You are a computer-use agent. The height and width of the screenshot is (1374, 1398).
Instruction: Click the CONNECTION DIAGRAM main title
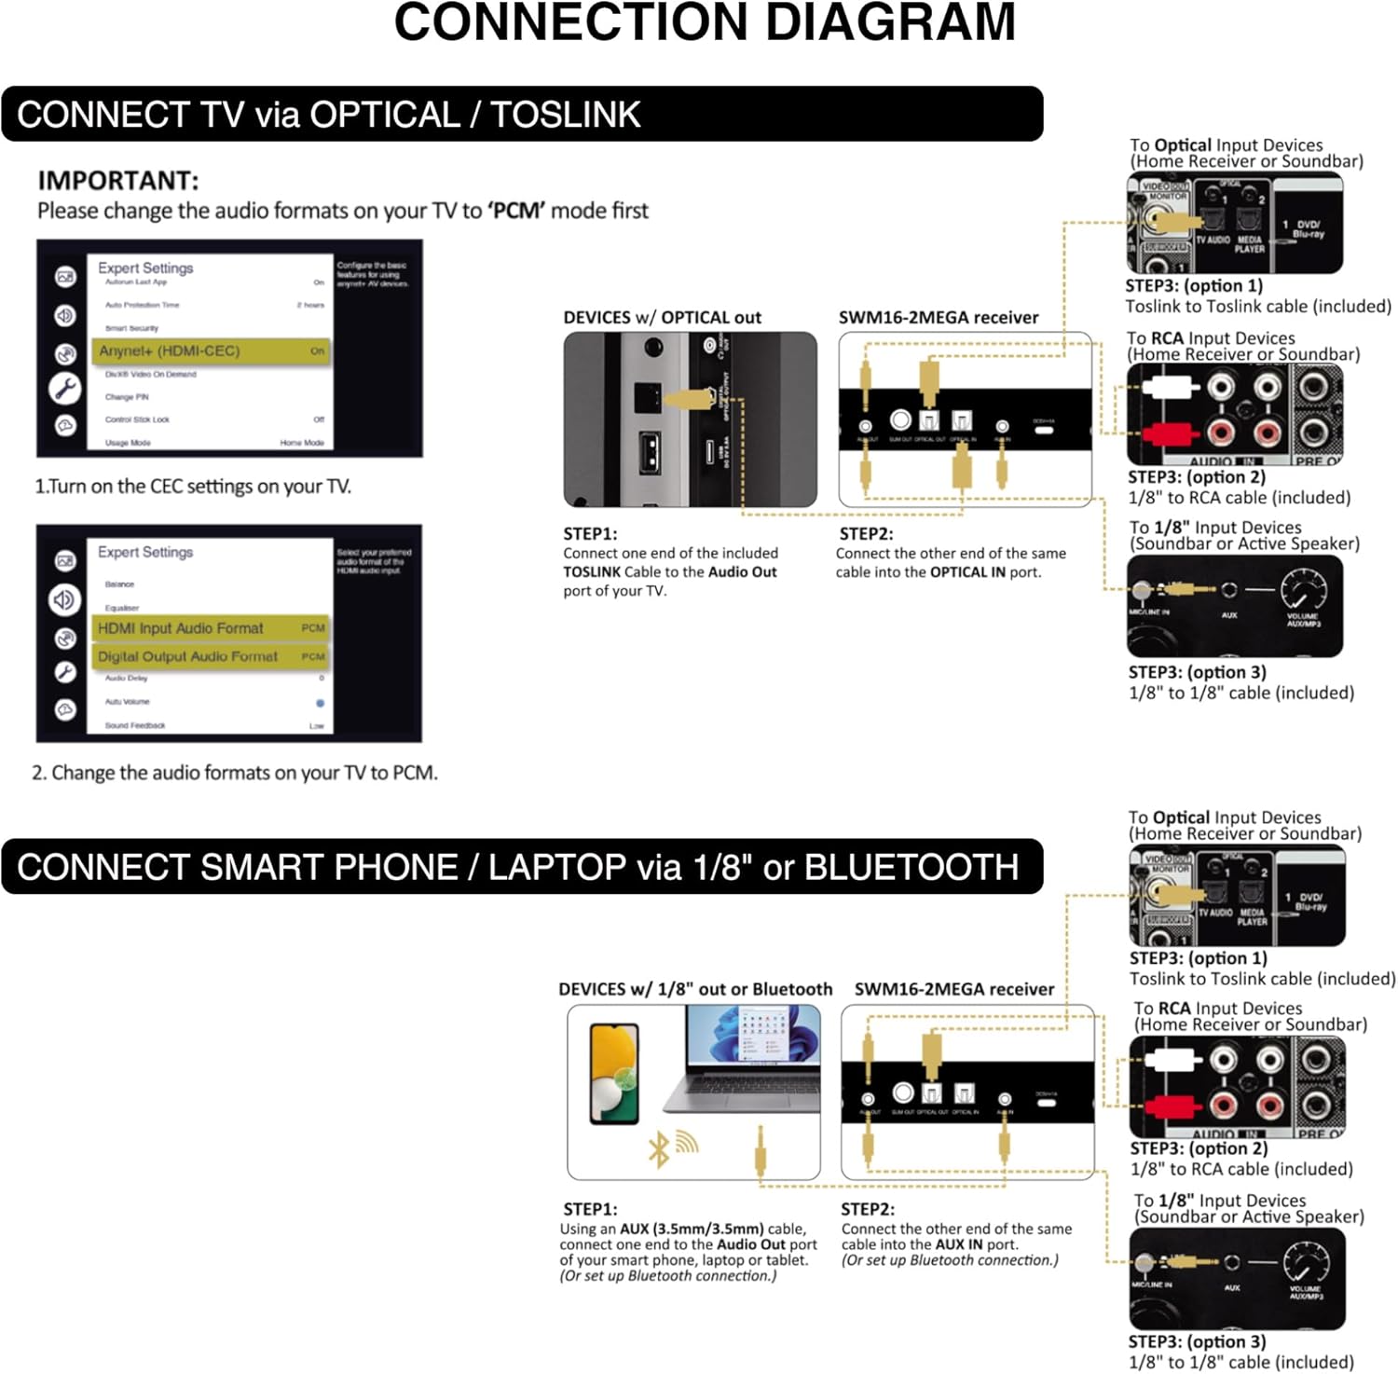pos(704,23)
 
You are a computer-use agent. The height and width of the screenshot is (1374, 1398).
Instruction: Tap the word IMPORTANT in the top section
pos(117,180)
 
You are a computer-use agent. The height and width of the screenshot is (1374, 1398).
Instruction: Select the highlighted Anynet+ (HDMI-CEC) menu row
pos(211,351)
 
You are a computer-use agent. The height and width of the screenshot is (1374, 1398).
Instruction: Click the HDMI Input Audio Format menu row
pos(211,628)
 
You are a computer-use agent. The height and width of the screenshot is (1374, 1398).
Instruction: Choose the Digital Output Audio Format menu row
pos(211,656)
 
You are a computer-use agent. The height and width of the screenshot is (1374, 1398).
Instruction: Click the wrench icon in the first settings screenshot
pos(65,388)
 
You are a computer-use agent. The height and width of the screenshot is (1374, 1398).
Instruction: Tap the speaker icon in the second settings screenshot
pos(64,599)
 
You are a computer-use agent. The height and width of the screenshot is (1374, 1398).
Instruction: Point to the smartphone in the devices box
pos(615,1073)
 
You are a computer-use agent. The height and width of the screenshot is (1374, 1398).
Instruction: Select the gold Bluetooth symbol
pos(659,1149)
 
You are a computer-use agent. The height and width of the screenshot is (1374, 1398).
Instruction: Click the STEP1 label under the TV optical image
pos(590,534)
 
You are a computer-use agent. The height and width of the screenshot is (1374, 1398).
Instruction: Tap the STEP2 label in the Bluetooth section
pos(867,1209)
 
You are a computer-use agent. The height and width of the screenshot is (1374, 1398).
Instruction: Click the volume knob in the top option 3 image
pos(1303,589)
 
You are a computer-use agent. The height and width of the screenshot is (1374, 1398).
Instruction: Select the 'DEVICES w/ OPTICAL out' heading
pos(662,318)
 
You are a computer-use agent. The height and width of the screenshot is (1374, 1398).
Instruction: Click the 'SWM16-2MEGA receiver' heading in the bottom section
pos(953,989)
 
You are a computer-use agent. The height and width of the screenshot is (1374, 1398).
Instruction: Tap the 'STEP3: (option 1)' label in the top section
pos(1194,286)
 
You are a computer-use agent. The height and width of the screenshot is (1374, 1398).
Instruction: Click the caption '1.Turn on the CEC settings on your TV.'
pos(193,487)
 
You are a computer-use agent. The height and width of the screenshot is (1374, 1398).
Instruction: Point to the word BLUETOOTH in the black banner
pos(911,867)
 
